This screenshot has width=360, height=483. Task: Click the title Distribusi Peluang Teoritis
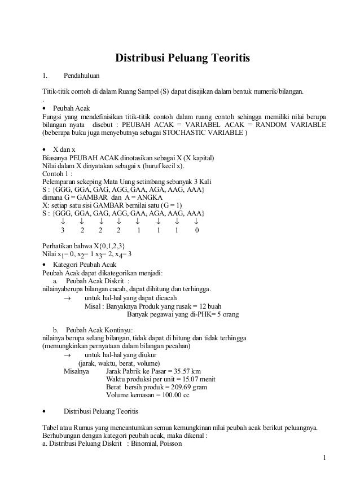(x=182, y=58)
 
